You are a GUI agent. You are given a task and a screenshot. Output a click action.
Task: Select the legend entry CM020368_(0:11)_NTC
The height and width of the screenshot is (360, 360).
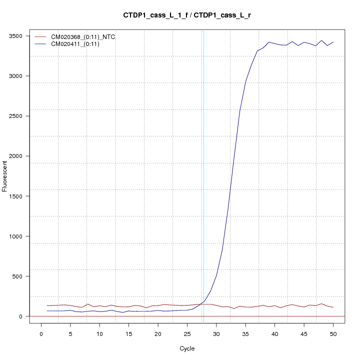click(79, 37)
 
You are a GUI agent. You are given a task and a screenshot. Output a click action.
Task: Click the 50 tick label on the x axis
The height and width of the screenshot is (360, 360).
click(333, 333)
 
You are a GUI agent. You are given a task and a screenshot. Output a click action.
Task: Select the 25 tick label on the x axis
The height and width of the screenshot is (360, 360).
click(187, 333)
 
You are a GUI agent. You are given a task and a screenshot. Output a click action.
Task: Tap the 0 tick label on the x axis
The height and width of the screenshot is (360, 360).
click(41, 333)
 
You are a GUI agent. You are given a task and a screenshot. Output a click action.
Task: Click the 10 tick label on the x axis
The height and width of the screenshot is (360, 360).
click(99, 333)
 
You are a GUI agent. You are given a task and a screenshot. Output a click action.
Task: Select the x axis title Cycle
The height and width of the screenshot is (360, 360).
click(187, 348)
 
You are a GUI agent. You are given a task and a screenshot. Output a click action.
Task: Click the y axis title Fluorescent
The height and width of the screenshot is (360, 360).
click(5, 176)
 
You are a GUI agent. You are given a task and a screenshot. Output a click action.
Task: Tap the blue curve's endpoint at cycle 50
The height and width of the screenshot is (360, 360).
click(333, 42)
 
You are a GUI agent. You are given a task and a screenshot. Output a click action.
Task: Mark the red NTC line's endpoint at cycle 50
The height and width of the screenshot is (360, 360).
click(333, 307)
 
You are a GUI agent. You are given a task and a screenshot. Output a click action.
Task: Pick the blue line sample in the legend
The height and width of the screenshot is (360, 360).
click(43, 44)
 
